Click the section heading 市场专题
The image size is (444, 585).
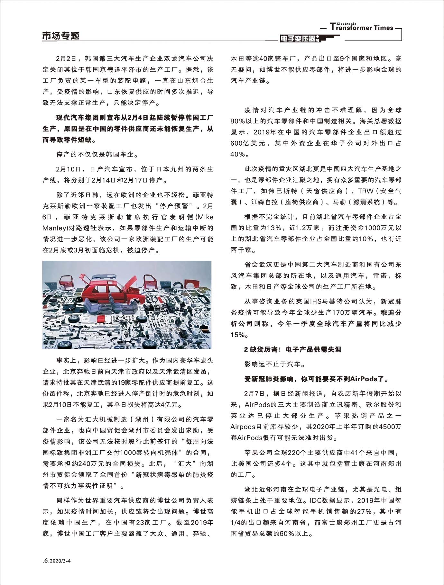61,36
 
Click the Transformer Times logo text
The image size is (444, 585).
362,28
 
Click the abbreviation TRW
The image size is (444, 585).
366,191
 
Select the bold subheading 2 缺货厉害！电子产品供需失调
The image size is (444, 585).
292,349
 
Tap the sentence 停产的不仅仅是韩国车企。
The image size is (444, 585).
97,155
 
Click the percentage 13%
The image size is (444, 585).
274,228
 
